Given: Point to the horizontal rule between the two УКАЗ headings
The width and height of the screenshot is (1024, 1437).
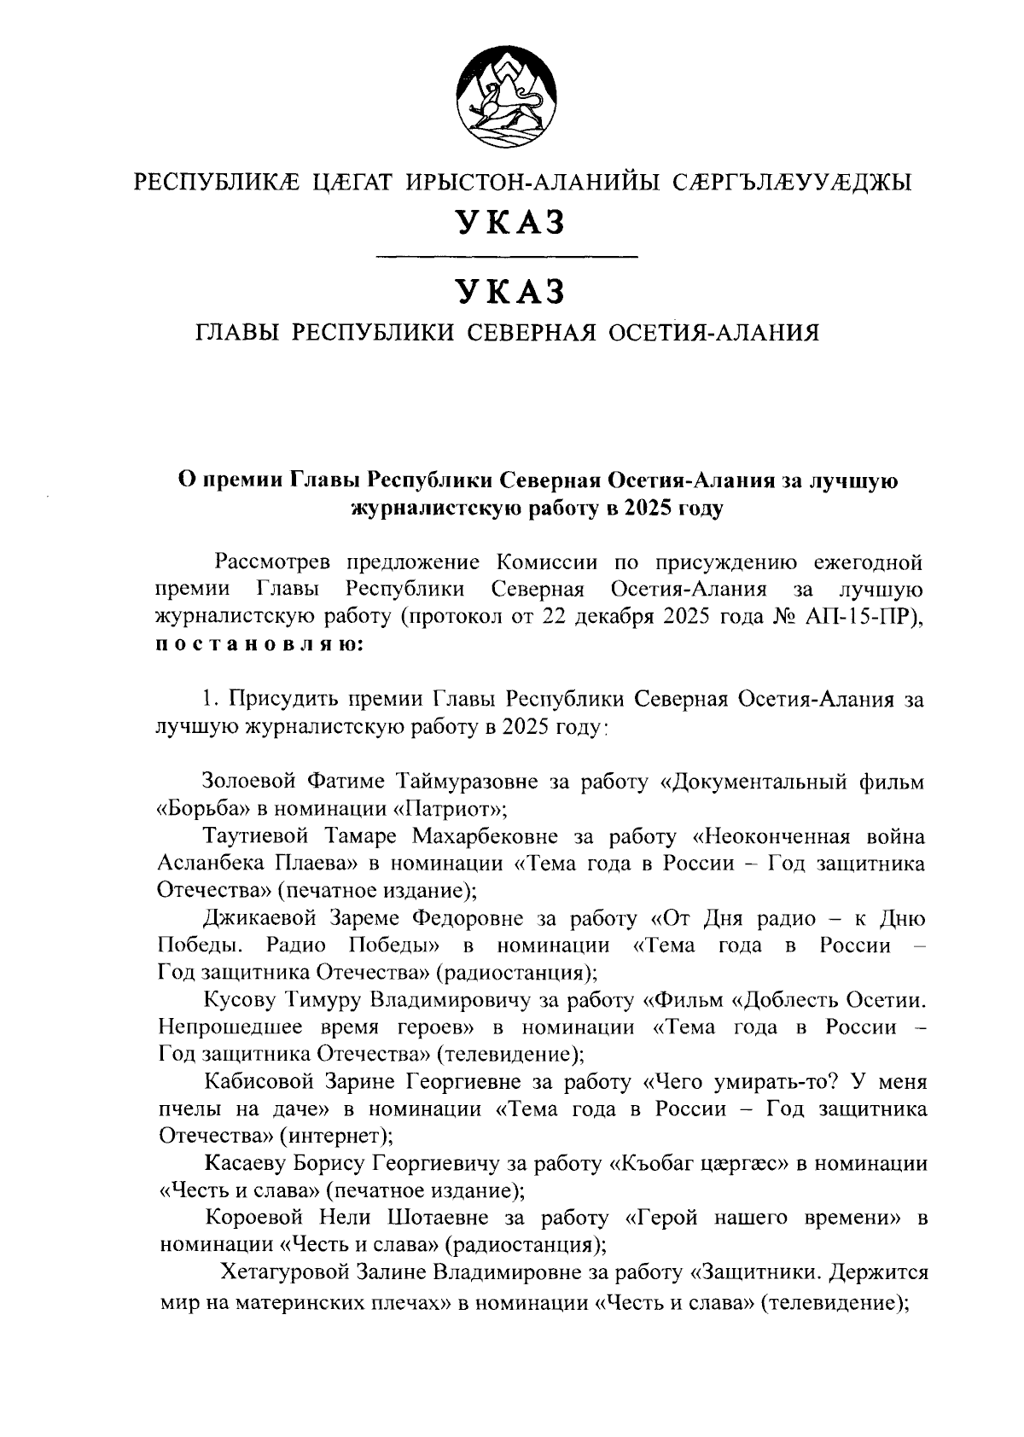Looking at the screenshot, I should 507,255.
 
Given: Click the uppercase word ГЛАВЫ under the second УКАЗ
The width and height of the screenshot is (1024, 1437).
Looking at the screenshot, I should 238,332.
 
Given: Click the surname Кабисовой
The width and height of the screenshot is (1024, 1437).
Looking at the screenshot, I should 256,1082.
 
